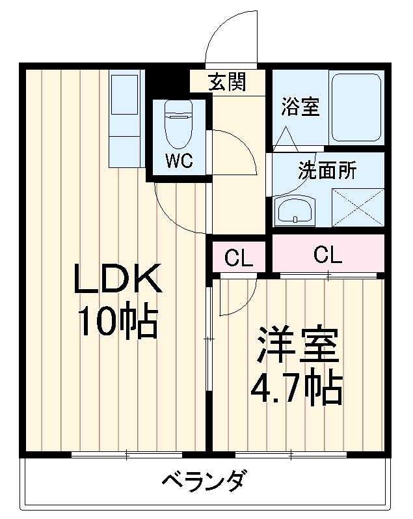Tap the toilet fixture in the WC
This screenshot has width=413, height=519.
pyautogui.click(x=177, y=124)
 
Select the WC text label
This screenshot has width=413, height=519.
pyautogui.click(x=178, y=161)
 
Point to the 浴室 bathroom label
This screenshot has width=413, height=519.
pyautogui.click(x=300, y=107)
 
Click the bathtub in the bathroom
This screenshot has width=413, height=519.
pyautogui.click(x=356, y=108)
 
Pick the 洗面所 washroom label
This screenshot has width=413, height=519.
pyautogui.click(x=327, y=171)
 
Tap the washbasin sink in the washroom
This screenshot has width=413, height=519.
pyautogui.click(x=295, y=210)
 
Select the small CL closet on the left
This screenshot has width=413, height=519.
pyautogui.click(x=239, y=258)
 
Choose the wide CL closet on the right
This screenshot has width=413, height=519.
pyautogui.click(x=327, y=255)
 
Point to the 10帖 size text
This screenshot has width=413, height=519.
pyautogui.click(x=118, y=320)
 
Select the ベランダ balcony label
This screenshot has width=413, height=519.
pyautogui.click(x=203, y=483)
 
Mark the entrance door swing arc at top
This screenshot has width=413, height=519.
pyautogui.click(x=229, y=36)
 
